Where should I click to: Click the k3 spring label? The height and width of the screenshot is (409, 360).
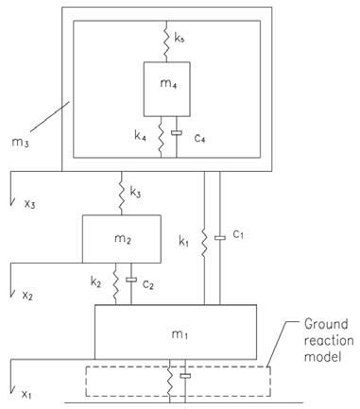pyautogui.click(x=137, y=195)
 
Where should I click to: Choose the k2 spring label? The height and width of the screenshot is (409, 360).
pyautogui.click(x=96, y=283)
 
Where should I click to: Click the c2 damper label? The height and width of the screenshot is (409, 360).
pyautogui.click(x=147, y=284)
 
